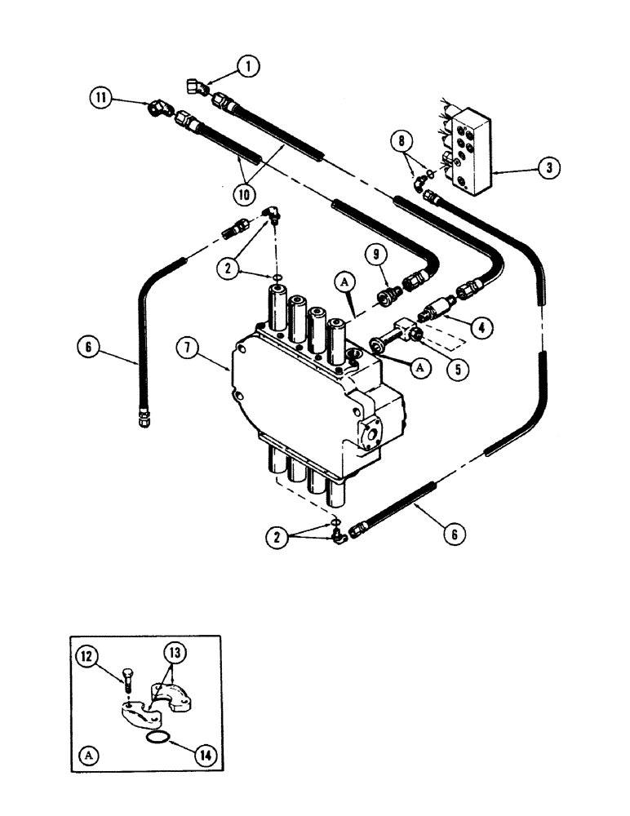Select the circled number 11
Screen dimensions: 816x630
(100, 100)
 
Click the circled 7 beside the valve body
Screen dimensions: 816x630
(189, 348)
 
